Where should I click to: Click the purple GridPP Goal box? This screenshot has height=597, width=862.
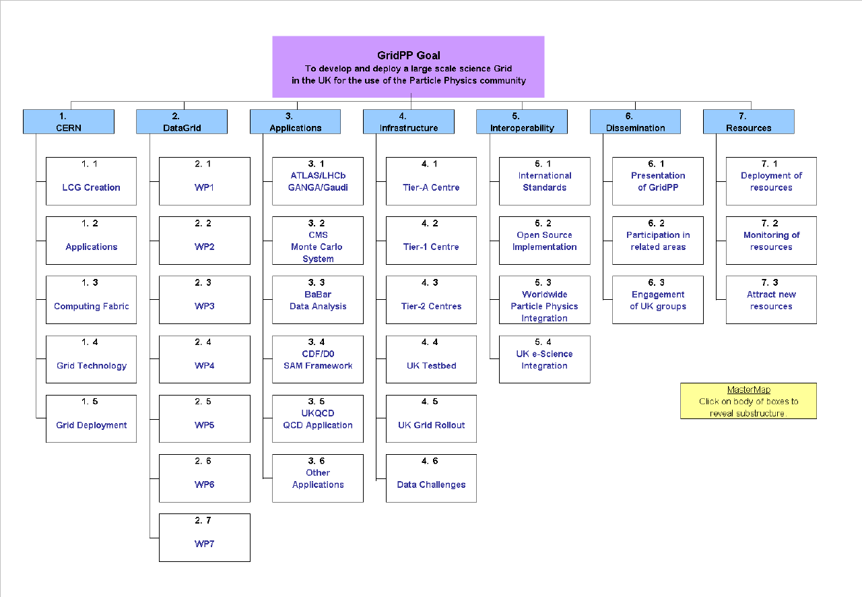[x=408, y=67]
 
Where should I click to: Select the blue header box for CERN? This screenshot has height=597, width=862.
[x=69, y=122]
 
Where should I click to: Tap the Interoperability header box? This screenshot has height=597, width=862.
[x=522, y=122]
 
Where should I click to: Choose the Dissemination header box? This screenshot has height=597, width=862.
[x=635, y=122]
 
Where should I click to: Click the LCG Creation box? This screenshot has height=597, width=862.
[x=91, y=181]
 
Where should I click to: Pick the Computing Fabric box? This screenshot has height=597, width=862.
[x=91, y=300]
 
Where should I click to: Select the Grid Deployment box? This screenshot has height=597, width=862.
[x=91, y=418]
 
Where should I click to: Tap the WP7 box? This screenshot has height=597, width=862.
[x=205, y=538]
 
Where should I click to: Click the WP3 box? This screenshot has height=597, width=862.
[x=205, y=300]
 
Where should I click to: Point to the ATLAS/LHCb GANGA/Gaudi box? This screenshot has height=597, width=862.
[x=318, y=181]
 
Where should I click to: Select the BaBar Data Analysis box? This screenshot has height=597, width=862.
[x=318, y=300]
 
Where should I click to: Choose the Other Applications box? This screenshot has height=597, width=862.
[x=318, y=478]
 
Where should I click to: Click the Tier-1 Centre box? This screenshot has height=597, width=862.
[x=432, y=241]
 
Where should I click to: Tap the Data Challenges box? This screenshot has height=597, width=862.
[x=432, y=478]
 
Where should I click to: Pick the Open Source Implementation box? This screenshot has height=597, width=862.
[x=545, y=241]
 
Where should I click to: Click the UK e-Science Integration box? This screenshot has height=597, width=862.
[x=545, y=359]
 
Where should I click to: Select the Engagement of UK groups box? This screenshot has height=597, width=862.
[x=658, y=300]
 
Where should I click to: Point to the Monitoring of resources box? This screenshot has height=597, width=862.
[x=771, y=241]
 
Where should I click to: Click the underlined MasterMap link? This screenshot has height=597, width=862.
[x=748, y=389]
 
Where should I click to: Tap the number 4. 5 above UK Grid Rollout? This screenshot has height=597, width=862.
[x=430, y=402]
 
